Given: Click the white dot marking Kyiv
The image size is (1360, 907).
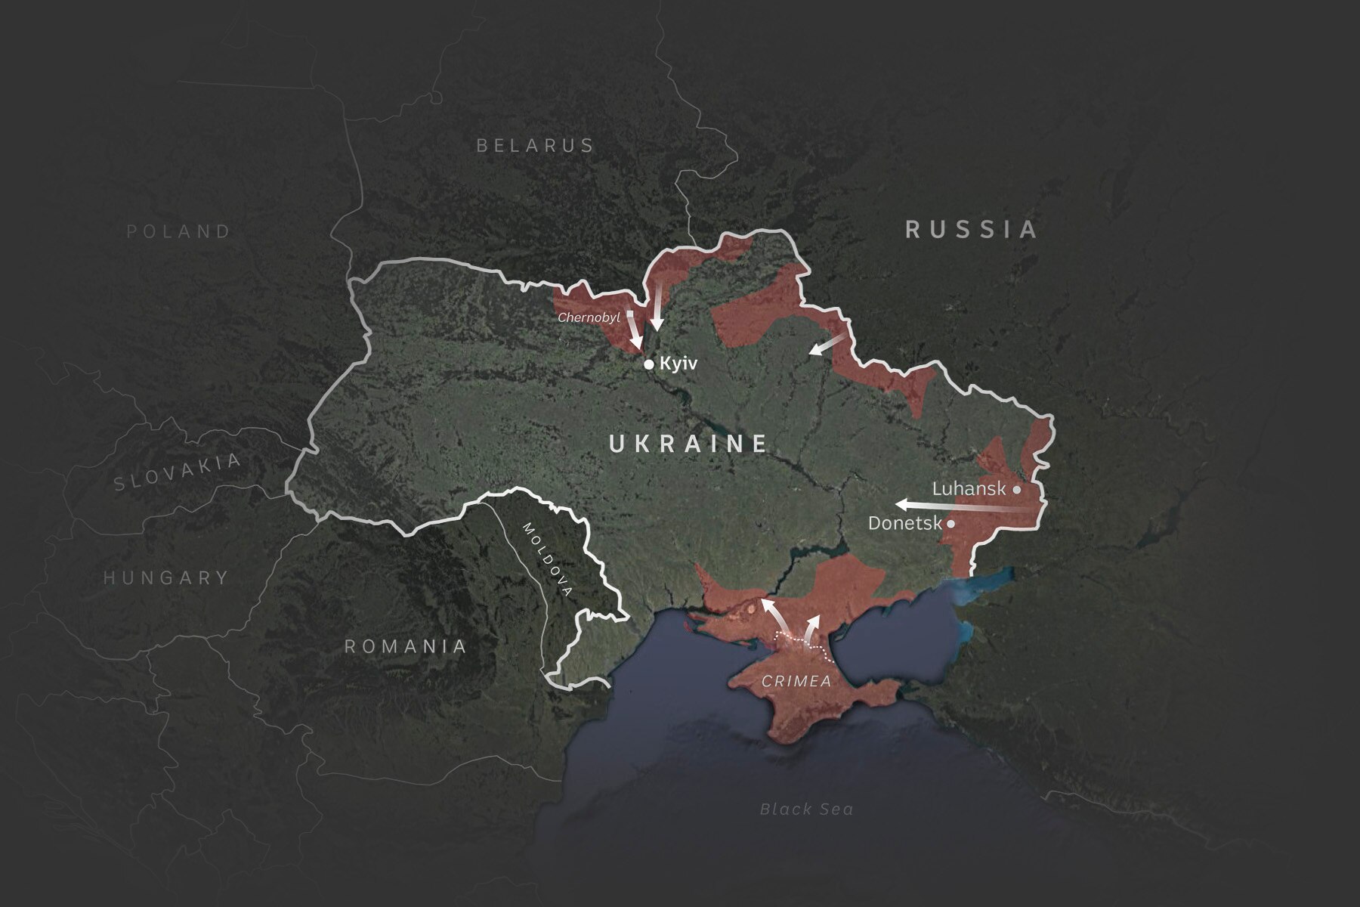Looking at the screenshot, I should coord(648,364).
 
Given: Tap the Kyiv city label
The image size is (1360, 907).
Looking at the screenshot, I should coord(678,364).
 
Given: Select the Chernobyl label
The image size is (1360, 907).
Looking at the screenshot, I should coord(589,318).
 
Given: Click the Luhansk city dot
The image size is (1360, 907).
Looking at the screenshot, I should coord(1017,490).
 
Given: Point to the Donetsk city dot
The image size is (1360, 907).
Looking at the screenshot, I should coord(950,523).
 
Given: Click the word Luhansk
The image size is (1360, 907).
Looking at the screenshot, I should coord(969,489).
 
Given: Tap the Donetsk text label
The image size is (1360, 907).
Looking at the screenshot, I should coord(904,523).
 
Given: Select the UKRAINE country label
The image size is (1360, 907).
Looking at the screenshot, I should coord(688,444).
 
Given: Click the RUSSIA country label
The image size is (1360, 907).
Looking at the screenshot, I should coord(972,229).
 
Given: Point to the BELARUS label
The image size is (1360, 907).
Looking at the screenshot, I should coord(536,145).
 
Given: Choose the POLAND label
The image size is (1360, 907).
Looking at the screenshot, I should coord(178,231).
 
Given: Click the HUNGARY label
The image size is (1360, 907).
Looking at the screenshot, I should coord(165,578).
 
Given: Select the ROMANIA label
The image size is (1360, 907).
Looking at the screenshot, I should coord(406,646).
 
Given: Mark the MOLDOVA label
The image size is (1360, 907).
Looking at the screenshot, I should coord(549,559).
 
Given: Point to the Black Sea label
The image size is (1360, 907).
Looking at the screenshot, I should coord(806,809).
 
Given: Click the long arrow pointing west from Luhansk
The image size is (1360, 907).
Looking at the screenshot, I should coord(960,506).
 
